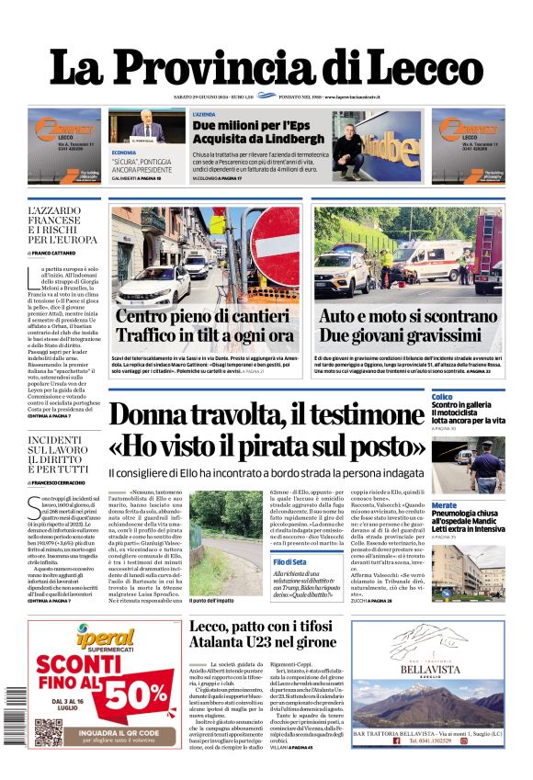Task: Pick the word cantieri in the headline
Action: [239, 317]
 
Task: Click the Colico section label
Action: [442, 397]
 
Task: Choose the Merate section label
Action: [444, 505]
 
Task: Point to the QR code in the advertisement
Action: [49, 732]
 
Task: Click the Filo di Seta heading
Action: [289, 561]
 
